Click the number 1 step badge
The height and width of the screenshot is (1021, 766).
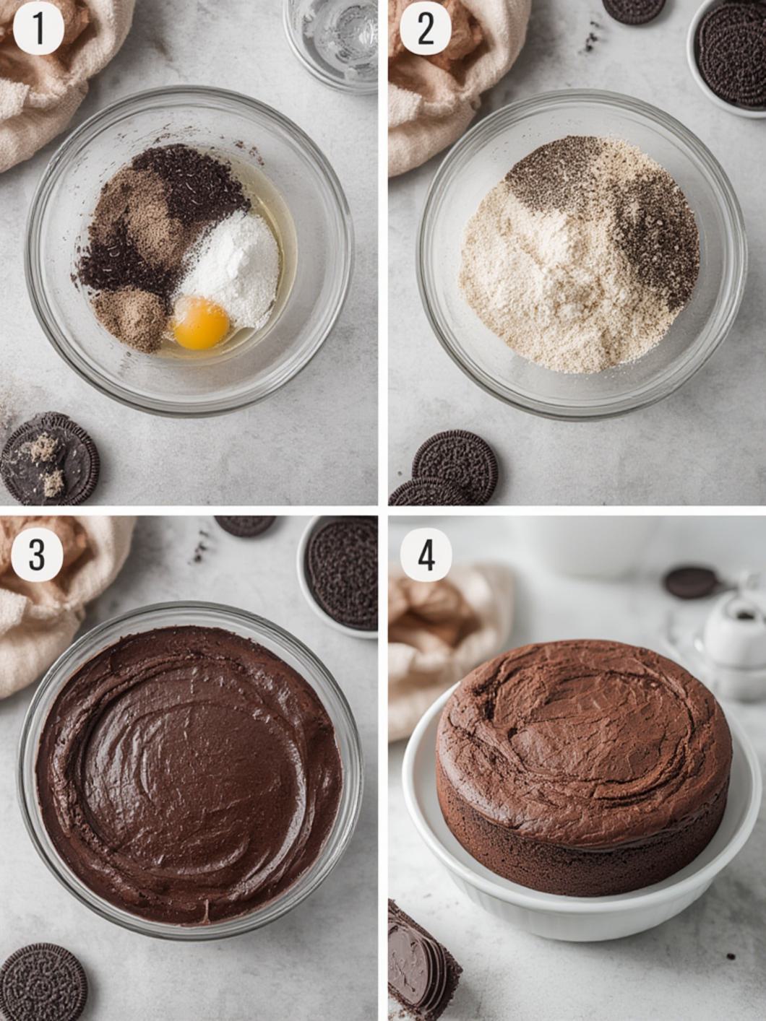point(38,28)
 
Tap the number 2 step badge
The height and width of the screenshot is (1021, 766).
point(426,28)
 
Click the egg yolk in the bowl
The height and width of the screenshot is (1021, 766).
point(201,323)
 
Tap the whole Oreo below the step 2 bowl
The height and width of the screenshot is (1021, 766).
point(455,462)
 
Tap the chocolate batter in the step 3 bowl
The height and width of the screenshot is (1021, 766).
point(188,773)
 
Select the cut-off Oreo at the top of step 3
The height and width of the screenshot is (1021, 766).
point(244,523)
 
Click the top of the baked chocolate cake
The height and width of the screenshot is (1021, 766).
point(578,722)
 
